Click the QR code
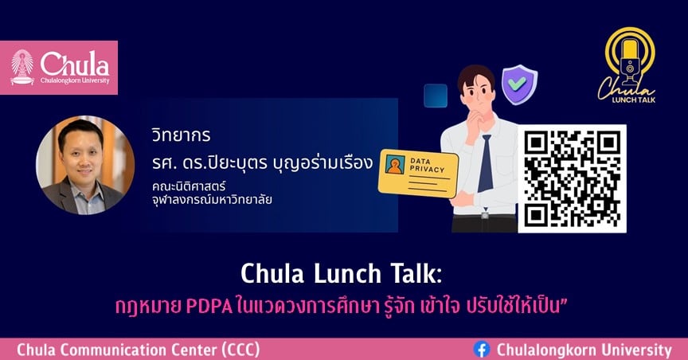click(573, 178)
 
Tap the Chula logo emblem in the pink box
click(22, 67)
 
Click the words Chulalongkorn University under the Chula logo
click(75, 80)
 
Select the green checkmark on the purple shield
click(518, 84)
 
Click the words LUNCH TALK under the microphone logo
click(634, 100)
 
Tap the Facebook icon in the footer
click(482, 350)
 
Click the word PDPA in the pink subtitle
click(209, 307)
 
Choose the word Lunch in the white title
click(347, 273)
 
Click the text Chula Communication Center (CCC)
click(139, 350)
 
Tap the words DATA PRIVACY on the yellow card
click(427, 165)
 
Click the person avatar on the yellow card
click(395, 165)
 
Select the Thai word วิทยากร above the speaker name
click(182, 135)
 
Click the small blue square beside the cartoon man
click(436, 96)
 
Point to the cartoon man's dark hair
click(475, 76)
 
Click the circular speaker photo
click(85, 165)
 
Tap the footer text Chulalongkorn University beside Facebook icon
click(584, 350)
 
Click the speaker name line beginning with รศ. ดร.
click(263, 163)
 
